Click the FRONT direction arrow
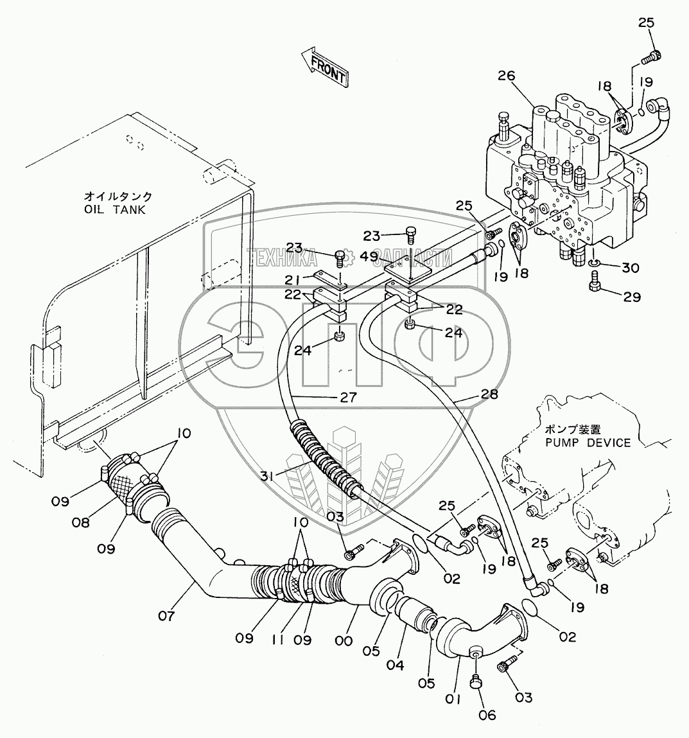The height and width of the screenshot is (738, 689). coord(324,67)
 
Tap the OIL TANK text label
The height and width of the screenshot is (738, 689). coord(116,209)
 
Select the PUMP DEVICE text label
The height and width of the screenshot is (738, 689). coord(588,443)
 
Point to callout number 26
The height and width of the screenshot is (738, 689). coord(506,76)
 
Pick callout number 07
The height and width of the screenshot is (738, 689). coord(166,615)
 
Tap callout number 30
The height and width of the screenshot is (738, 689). coord(630,268)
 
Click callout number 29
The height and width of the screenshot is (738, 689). coord(632,297)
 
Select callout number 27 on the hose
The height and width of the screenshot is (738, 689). coord(348,397)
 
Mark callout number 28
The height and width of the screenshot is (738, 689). coord(489,394)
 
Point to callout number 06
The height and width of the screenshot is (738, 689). coord(487,715)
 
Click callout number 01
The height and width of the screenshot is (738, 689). coord(452,699)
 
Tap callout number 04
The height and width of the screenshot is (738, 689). coord(395,665)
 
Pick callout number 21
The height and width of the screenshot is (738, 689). coord(293,281)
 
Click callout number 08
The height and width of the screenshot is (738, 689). coord(81,522)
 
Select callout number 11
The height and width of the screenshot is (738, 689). coord(278,640)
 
